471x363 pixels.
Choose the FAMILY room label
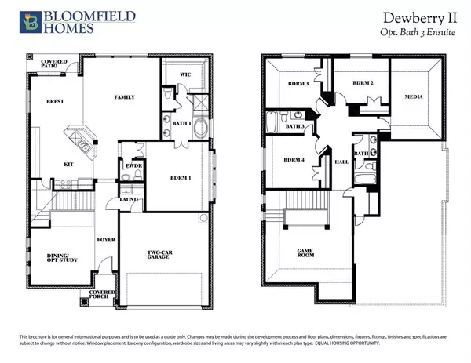coord(123,97)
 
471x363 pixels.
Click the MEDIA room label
coord(414,99)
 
